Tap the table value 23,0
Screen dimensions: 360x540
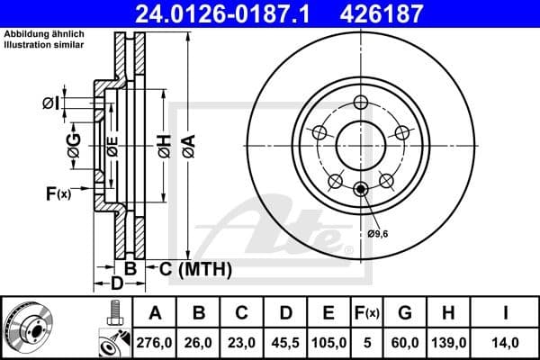point(243,341)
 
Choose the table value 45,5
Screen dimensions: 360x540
point(287,341)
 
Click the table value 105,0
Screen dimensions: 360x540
point(330,341)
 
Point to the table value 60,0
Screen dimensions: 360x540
point(405,341)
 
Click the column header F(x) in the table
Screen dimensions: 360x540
point(368,313)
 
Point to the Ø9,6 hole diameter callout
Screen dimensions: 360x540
point(379,233)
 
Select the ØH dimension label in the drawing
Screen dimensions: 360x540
point(164,144)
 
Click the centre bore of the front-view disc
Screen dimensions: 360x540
point(361,143)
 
